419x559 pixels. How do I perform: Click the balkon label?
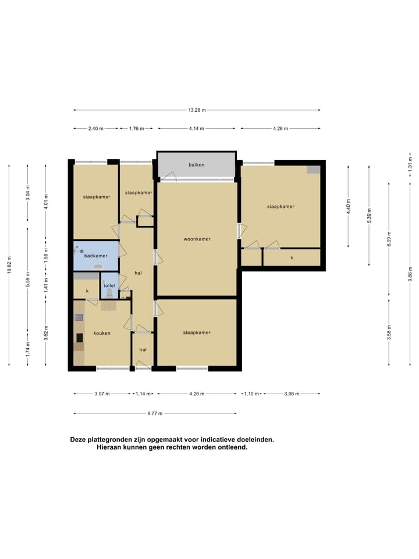(196, 165)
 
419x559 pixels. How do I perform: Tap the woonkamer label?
(197, 239)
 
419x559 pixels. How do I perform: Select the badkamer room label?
(96, 256)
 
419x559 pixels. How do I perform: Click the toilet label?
(109, 285)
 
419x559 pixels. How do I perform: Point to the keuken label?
(102, 333)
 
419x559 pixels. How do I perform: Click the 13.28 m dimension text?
(197, 110)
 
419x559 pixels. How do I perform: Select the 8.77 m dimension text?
(155, 413)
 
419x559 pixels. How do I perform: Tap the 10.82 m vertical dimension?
(9, 265)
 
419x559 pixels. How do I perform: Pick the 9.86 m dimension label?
(410, 274)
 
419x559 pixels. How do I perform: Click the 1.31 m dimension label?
(410, 163)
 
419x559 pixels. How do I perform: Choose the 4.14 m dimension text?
(197, 129)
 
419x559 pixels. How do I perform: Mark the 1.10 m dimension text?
(251, 394)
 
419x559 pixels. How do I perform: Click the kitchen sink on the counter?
(79, 317)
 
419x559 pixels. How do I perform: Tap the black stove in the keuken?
(80, 338)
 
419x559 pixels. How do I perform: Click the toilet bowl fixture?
(109, 293)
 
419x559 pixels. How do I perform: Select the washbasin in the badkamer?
(97, 267)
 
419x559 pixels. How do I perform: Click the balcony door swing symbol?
(169, 175)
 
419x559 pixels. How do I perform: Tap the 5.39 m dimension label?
(369, 215)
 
